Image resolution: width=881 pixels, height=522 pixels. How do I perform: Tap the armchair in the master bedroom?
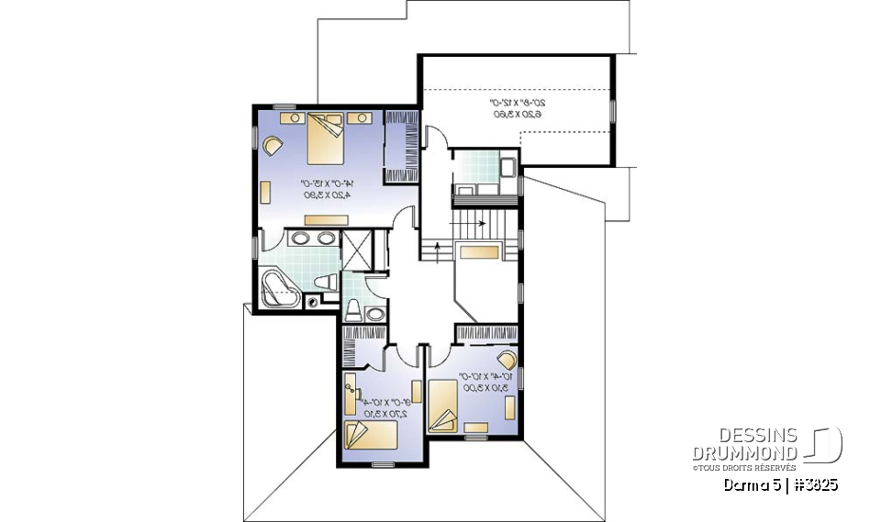click(273, 145)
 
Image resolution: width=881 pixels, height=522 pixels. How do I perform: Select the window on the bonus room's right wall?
click(612, 109)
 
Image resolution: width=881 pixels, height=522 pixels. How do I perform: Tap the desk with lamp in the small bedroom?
click(352, 391)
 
